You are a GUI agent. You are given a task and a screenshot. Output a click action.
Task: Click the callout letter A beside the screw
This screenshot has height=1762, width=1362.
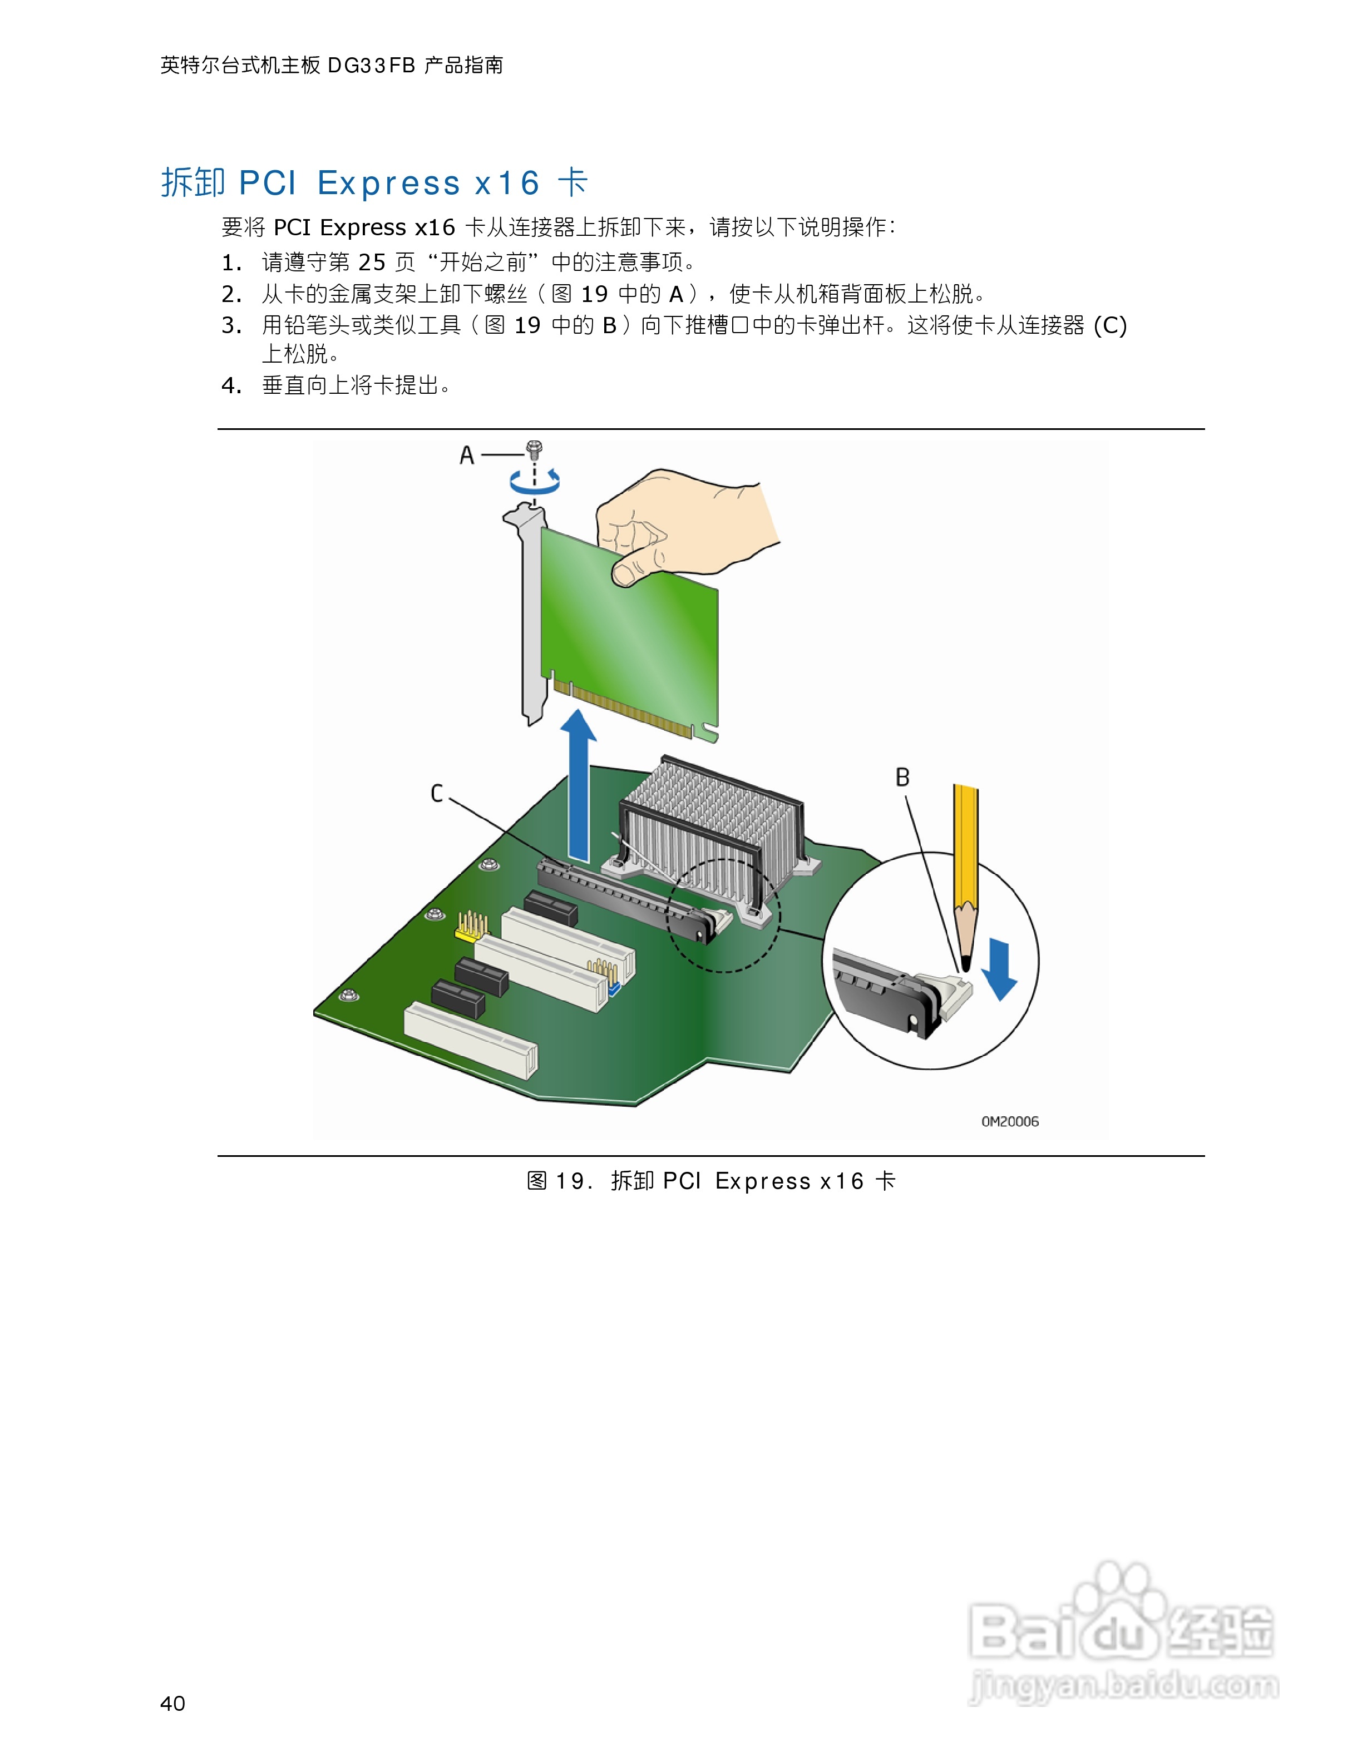click(x=466, y=456)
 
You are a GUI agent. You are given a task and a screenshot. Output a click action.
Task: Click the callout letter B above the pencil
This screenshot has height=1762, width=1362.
click(x=902, y=778)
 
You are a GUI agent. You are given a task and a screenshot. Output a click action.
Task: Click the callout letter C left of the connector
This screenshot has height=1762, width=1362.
click(x=437, y=794)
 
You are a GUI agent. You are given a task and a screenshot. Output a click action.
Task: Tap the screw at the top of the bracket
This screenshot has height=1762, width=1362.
click(x=534, y=449)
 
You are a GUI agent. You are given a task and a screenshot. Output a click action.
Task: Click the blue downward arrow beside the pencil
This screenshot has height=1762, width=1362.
click(x=1001, y=968)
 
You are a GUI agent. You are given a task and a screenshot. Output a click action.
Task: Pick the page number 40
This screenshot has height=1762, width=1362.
click(x=172, y=1703)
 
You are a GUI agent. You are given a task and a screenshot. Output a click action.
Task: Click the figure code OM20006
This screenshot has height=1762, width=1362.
click(x=1009, y=1121)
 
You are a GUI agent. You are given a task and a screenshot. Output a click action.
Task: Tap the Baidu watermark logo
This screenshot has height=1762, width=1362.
click(x=1122, y=1630)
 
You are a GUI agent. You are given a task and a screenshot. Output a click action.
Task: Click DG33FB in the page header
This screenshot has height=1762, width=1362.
click(x=371, y=65)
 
